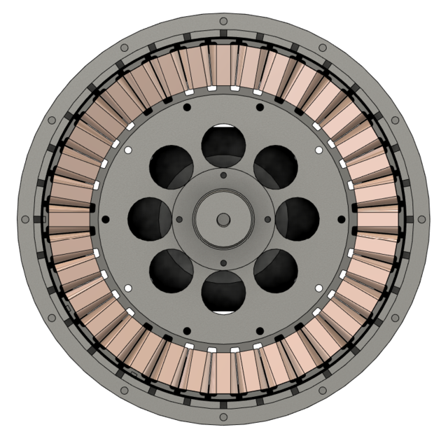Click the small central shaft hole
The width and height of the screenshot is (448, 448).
coord(223,219)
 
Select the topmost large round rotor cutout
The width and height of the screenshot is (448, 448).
coord(223,145)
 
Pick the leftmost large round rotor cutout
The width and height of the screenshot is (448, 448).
coord(149,219)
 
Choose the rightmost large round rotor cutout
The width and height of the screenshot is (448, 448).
coord(297,219)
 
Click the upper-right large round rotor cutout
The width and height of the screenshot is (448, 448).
coord(276,167)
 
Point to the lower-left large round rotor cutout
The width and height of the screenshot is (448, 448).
coord(171,272)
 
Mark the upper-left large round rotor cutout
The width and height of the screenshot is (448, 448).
coord(171,167)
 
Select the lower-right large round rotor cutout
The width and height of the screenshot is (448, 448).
coord(276,272)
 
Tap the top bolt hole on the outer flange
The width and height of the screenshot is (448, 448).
coord(223,21)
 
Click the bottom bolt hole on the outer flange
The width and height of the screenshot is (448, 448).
coord(223,418)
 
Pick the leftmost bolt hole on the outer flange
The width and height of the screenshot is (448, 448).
coord(25,219)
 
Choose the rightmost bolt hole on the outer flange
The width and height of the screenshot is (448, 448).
coord(421,219)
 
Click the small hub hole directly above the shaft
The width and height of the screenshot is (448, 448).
coord(223,175)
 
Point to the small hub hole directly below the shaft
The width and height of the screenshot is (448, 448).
coord(223,263)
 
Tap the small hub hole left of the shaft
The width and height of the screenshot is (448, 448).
coord(179,219)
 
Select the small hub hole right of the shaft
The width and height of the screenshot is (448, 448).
coord(267,219)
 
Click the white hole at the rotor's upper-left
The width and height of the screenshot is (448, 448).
coord(127,150)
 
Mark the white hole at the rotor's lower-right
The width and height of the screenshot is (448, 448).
coord(319,288)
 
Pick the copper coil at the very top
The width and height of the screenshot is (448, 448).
coord(223,66)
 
